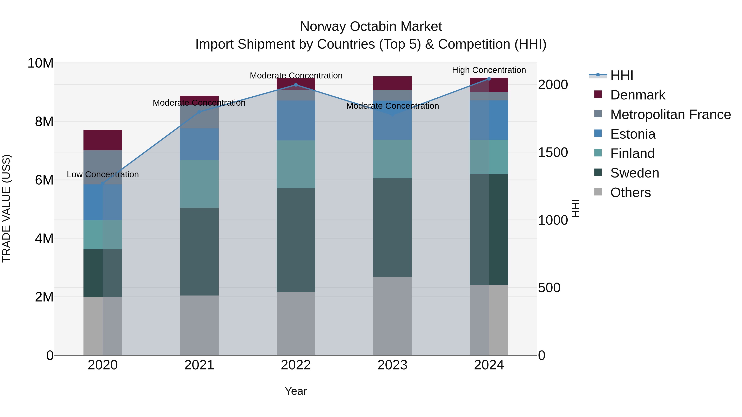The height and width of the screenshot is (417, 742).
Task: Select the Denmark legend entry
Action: [638, 95]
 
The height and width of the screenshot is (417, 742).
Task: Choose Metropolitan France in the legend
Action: [670, 114]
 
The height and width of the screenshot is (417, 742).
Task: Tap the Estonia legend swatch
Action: [598, 133]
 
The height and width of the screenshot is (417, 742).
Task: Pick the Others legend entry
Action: [630, 193]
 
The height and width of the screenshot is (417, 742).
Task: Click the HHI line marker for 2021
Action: [199, 112]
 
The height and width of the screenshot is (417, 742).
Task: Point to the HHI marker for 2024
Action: [489, 79]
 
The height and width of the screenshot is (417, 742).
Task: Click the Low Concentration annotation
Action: [103, 174]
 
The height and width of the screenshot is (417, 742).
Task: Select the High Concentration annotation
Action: [489, 70]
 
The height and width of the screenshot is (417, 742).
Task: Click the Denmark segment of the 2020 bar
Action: [103, 140]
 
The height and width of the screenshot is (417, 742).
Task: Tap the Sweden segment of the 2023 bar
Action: [392, 227]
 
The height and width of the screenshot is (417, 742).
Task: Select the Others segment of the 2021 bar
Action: [199, 325]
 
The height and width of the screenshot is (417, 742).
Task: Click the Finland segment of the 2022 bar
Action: [296, 164]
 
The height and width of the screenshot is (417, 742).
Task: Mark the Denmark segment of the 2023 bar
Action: [392, 83]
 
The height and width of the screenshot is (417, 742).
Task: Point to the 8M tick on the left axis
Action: [44, 122]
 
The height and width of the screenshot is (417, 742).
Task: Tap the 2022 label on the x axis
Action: [296, 365]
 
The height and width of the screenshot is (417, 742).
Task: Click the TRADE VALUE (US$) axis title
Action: [6, 208]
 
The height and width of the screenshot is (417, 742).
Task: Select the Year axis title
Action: [296, 391]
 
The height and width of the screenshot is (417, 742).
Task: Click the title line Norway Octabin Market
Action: [371, 27]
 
